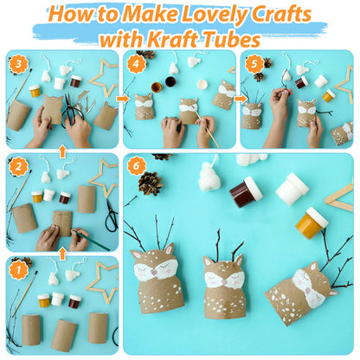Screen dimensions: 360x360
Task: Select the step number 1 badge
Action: click(18, 271)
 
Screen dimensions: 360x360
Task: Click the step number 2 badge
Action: click(18, 167)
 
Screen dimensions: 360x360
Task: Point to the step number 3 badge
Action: click(18, 64)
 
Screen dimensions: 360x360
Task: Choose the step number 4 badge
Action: click(136, 64)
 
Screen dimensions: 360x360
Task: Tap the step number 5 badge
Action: click(254, 64)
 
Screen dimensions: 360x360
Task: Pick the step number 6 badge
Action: click(136, 166)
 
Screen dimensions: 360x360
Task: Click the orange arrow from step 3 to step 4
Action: click(121, 99)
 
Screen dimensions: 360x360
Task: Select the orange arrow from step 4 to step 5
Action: click(239, 99)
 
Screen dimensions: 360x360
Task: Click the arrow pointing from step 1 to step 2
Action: click(62, 254)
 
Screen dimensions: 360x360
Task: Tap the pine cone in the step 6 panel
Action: click(151, 183)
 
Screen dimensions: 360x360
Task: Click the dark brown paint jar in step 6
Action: click(246, 192)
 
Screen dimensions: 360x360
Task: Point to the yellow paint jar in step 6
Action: click(312, 222)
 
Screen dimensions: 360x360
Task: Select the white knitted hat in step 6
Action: click(209, 177)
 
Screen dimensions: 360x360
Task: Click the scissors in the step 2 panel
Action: click(111, 215)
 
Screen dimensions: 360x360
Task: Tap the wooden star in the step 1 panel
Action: click(103, 283)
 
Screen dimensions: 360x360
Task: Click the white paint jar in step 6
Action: click(292, 189)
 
